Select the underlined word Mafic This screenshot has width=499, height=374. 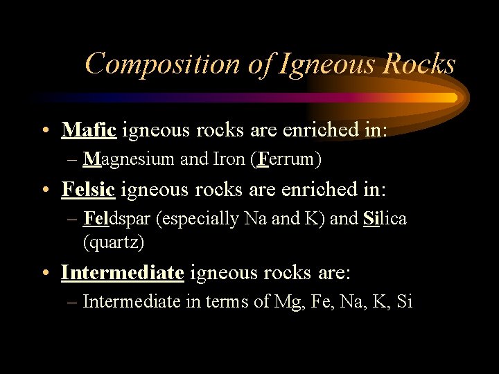[89, 130]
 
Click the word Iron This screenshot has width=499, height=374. [226, 159]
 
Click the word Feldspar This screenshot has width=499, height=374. [119, 219]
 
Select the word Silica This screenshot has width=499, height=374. [385, 219]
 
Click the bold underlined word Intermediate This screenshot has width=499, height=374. [123, 273]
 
